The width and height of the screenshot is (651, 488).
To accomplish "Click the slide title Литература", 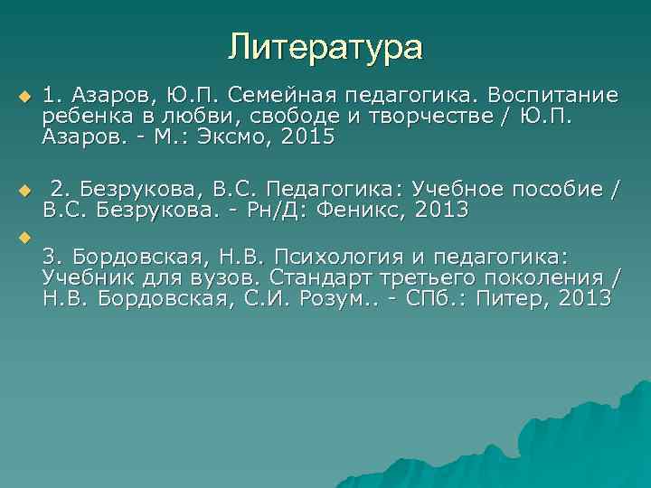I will click(325, 45).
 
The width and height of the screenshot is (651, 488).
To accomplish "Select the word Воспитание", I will click(553, 95).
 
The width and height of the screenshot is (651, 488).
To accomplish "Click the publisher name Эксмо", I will click(232, 138).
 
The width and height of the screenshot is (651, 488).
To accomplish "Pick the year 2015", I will click(307, 138).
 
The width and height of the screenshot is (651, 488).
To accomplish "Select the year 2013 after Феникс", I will click(438, 211).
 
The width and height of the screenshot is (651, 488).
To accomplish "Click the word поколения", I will click(542, 277).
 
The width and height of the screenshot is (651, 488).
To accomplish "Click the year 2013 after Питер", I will click(583, 298).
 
